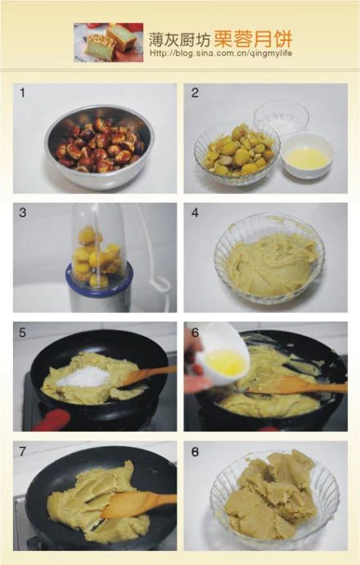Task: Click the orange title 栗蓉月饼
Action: point(253,39)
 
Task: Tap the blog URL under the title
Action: point(221,53)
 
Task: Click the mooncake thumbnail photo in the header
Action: point(108,42)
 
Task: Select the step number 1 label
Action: point(22,93)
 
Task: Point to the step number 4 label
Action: point(195,213)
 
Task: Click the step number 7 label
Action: point(23,451)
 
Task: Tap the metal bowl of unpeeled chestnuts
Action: point(99,147)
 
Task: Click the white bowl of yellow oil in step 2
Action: point(307,156)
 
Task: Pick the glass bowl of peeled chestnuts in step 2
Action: point(236,153)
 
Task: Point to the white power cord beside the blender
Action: point(156,252)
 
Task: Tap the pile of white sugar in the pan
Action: point(83,377)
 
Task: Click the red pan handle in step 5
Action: point(52,420)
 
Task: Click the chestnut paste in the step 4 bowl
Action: point(272,264)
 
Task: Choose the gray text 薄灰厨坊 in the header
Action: point(180,39)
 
